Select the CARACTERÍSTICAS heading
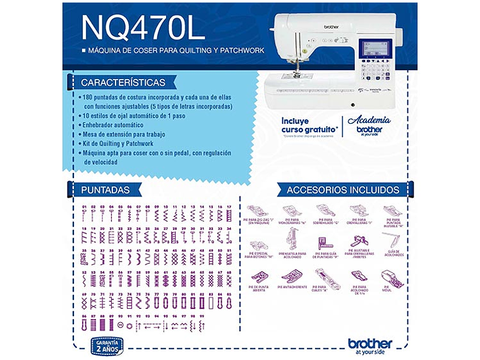123,83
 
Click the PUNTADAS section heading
105,189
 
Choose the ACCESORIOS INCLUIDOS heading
342,189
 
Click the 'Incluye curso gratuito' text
309,124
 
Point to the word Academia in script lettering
369,120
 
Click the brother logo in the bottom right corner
370,344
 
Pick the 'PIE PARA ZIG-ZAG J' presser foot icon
258,210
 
